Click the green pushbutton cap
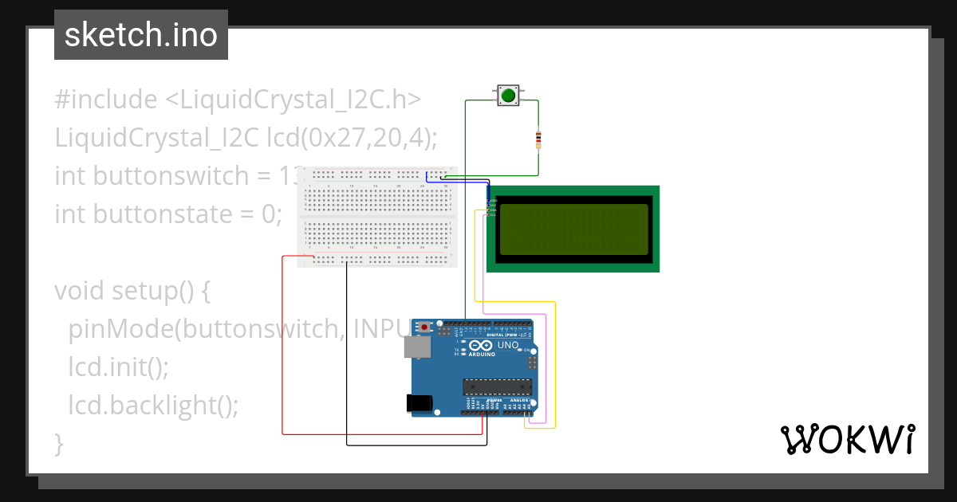[508, 96]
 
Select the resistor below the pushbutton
[538, 140]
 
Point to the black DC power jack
[419, 403]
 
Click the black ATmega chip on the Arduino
[497, 387]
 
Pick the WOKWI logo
[847, 440]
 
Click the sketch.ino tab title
[141, 35]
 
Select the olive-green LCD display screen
[573, 229]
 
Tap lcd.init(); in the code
[119, 367]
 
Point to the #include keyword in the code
[106, 100]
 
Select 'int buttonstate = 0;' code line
[168, 214]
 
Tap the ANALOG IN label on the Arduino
[518, 401]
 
